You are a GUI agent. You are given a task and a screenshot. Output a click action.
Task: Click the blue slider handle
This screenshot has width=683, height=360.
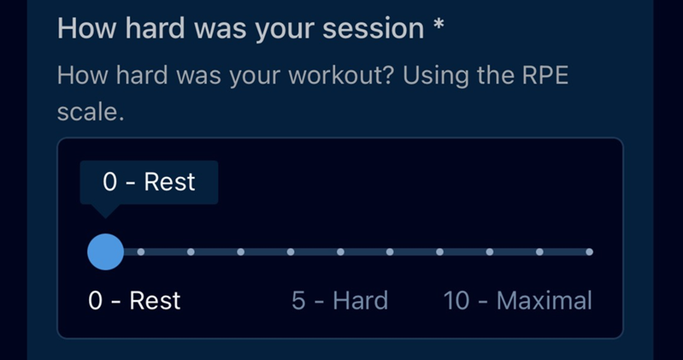click(x=105, y=252)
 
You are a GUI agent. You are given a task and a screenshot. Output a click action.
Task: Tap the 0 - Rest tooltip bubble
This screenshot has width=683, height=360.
click(x=149, y=182)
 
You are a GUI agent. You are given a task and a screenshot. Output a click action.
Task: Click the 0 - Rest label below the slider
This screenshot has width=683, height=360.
click(x=134, y=300)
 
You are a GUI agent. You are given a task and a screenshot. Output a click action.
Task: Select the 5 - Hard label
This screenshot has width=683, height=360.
click(x=339, y=300)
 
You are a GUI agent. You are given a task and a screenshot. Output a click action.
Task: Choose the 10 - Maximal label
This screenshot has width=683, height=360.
click(x=517, y=300)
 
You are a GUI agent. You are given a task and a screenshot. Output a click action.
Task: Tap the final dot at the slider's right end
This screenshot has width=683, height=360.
click(x=589, y=252)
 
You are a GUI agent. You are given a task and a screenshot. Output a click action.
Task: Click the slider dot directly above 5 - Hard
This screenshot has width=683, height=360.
click(x=340, y=252)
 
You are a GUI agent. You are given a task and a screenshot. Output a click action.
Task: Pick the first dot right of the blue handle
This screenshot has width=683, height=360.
click(x=141, y=252)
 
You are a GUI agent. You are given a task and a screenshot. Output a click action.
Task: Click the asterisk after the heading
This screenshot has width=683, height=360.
click(x=439, y=24)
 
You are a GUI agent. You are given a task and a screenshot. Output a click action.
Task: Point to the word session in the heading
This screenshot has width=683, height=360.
click(x=373, y=29)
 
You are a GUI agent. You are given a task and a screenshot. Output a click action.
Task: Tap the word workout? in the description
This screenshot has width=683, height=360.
click(x=341, y=75)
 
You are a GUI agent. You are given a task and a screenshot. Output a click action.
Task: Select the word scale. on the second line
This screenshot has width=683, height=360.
click(x=91, y=112)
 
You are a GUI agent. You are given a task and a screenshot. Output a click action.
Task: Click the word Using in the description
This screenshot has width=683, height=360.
click(x=436, y=76)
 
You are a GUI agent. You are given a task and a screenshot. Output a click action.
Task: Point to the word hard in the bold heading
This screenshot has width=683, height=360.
click(x=155, y=29)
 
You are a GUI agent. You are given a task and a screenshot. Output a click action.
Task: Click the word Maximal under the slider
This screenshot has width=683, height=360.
click(x=545, y=300)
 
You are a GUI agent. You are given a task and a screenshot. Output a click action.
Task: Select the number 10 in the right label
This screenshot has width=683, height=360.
click(x=456, y=301)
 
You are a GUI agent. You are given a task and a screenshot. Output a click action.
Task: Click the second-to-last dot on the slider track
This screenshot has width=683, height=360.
click(x=539, y=252)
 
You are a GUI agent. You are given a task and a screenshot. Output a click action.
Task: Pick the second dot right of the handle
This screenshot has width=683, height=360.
click(x=191, y=252)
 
